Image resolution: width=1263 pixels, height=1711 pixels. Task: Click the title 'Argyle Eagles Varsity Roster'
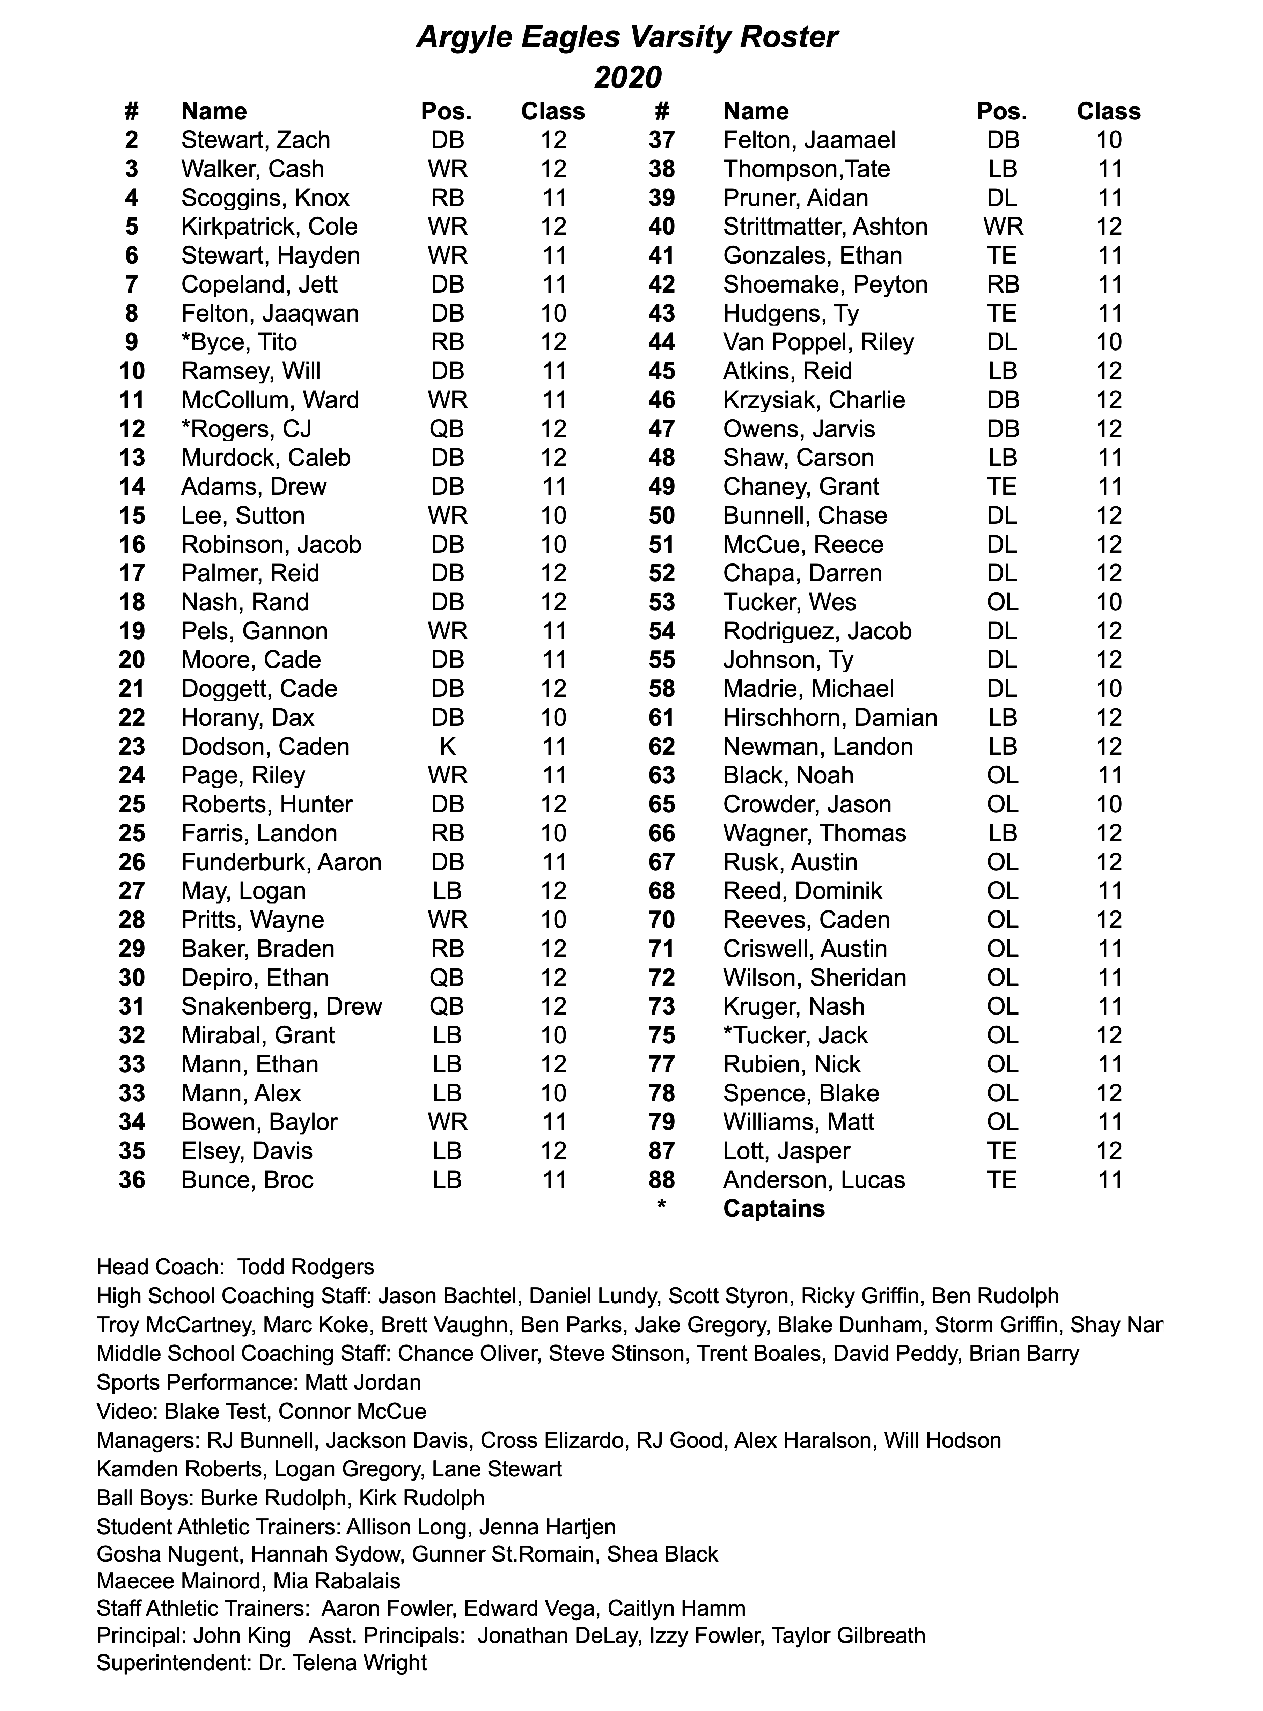[x=627, y=37]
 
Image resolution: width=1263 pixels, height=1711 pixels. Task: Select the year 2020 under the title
[x=627, y=77]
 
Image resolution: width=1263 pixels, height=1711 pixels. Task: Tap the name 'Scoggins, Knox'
[x=265, y=198]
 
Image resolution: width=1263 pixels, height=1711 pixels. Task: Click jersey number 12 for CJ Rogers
[x=132, y=429]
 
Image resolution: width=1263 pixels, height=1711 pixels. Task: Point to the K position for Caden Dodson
[x=447, y=747]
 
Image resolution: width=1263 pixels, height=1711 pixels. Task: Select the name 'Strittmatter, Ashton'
[x=825, y=227]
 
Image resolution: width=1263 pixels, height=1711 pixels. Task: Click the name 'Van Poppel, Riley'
[x=818, y=342]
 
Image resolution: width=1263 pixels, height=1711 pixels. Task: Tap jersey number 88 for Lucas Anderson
[x=661, y=1180]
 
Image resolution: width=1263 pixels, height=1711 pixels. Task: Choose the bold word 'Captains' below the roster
[x=774, y=1209]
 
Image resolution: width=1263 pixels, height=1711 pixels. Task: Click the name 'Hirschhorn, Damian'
[x=830, y=717]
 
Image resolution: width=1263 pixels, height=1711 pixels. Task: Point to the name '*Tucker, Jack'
[x=795, y=1035]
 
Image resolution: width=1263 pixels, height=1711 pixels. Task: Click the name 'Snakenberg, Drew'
[x=281, y=1006]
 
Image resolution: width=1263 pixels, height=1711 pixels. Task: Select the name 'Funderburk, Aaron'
[x=281, y=862]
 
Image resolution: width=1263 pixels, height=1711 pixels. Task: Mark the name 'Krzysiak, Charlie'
[x=814, y=400]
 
